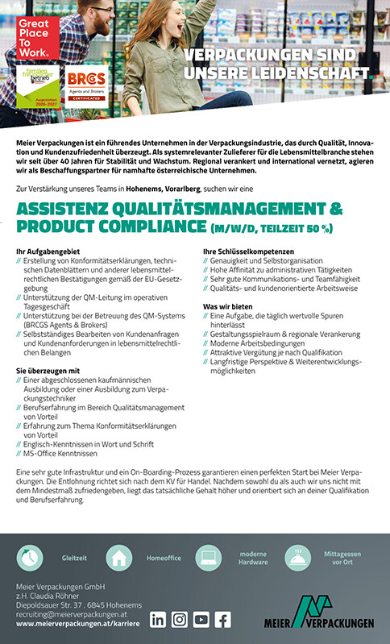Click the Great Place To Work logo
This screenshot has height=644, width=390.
pyautogui.click(x=35, y=37)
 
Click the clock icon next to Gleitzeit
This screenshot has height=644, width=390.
pyautogui.click(x=31, y=557)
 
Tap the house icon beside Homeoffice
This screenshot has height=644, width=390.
pyautogui.click(x=118, y=557)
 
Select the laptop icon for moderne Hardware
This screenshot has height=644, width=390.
pyautogui.click(x=207, y=557)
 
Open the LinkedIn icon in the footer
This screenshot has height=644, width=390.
pyautogui.click(x=158, y=619)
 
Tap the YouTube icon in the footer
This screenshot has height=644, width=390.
pyautogui.click(x=201, y=619)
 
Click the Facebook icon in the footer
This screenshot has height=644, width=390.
pyautogui.click(x=222, y=619)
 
